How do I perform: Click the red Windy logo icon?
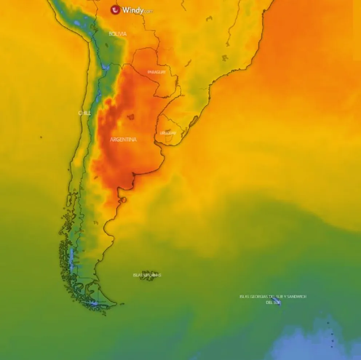click(116, 10)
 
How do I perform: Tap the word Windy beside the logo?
click(132, 10)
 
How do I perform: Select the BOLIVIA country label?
click(118, 34)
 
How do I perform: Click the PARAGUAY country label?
click(156, 72)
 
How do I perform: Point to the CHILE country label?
click(84, 113)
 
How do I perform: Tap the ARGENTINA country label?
click(123, 139)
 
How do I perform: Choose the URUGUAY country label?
click(168, 133)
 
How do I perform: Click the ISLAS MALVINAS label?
click(147, 275)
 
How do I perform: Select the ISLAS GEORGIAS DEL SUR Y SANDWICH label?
click(273, 297)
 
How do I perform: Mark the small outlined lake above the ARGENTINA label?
click(130, 117)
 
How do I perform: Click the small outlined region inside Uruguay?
click(168, 139)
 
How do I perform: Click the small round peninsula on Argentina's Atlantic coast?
click(124, 200)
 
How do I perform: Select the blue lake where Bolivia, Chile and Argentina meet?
click(105, 67)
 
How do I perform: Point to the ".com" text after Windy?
click(148, 12)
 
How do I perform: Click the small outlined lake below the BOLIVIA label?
click(107, 45)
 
